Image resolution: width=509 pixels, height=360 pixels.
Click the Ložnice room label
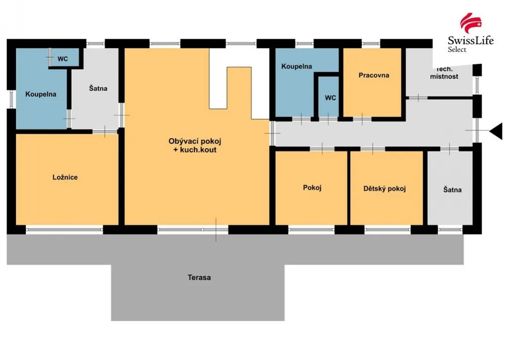point(65,177)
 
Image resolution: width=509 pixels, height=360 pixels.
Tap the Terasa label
point(199,277)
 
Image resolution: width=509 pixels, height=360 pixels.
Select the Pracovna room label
point(374,75)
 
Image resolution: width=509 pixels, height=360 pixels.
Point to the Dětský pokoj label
point(384,188)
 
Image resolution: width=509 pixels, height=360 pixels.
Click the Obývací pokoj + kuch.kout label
point(195,145)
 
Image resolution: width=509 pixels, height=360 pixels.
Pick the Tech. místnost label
point(444,73)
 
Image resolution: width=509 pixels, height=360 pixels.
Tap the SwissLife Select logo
point(471,33)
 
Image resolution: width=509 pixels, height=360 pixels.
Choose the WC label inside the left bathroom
point(63,59)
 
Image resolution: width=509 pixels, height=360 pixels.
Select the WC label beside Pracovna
point(330,98)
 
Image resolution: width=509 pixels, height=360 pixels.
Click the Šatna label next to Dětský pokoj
point(452,189)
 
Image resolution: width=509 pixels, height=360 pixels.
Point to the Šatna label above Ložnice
point(98,89)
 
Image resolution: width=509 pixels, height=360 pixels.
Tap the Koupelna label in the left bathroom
point(41,94)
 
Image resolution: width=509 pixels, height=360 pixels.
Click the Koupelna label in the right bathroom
point(296,66)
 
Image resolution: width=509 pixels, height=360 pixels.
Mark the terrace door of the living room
point(216,230)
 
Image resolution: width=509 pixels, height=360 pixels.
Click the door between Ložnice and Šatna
point(105,131)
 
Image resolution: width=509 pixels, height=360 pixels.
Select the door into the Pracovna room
point(362,119)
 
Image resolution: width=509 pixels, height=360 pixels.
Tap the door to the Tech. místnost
point(418,97)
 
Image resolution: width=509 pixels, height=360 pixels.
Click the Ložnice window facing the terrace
point(64,230)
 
